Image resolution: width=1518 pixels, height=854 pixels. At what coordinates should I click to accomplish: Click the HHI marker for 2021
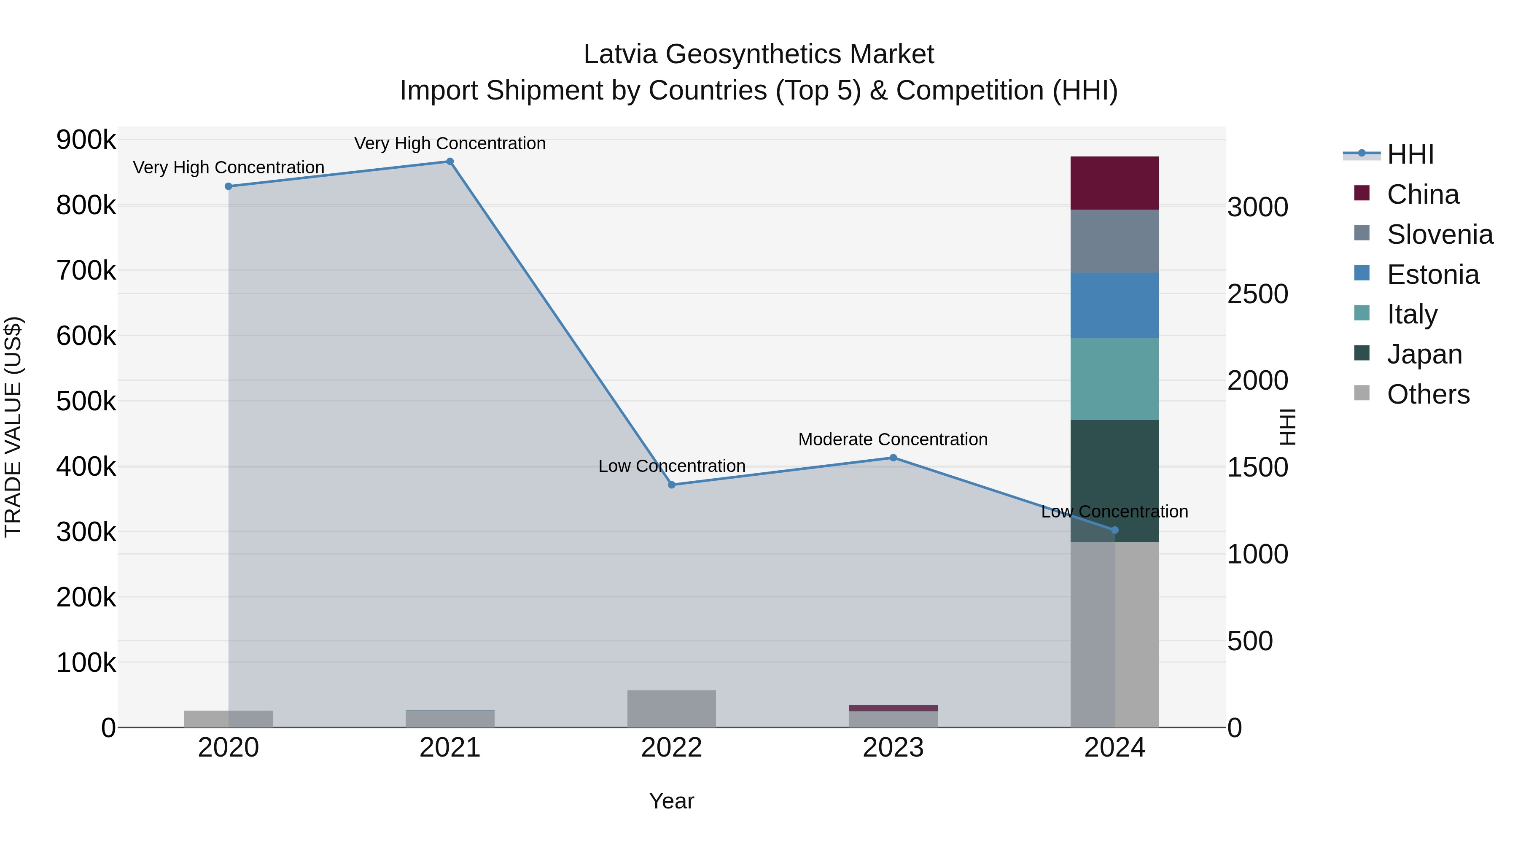[449, 162]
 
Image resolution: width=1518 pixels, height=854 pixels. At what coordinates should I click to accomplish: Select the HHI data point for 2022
[671, 485]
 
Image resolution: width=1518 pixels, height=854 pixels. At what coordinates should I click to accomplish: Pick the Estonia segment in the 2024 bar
[1114, 305]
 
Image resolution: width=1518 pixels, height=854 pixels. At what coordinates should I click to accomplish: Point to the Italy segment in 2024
[1114, 379]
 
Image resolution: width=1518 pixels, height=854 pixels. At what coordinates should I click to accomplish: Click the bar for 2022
[671, 709]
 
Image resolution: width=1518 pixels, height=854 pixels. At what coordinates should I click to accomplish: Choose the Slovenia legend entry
[1440, 234]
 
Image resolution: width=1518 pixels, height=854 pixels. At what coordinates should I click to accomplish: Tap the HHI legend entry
[1410, 154]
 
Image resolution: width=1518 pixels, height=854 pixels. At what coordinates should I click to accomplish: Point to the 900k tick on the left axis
[86, 140]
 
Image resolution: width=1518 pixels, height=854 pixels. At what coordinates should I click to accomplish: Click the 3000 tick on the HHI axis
[1257, 207]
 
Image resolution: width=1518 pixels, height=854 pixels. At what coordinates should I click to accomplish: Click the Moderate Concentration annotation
[893, 440]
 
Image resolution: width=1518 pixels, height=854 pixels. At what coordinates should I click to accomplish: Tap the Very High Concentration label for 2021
[449, 144]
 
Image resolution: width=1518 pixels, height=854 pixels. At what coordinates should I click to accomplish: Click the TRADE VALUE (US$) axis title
[13, 427]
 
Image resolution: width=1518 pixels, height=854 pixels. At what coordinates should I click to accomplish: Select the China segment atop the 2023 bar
[893, 708]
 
